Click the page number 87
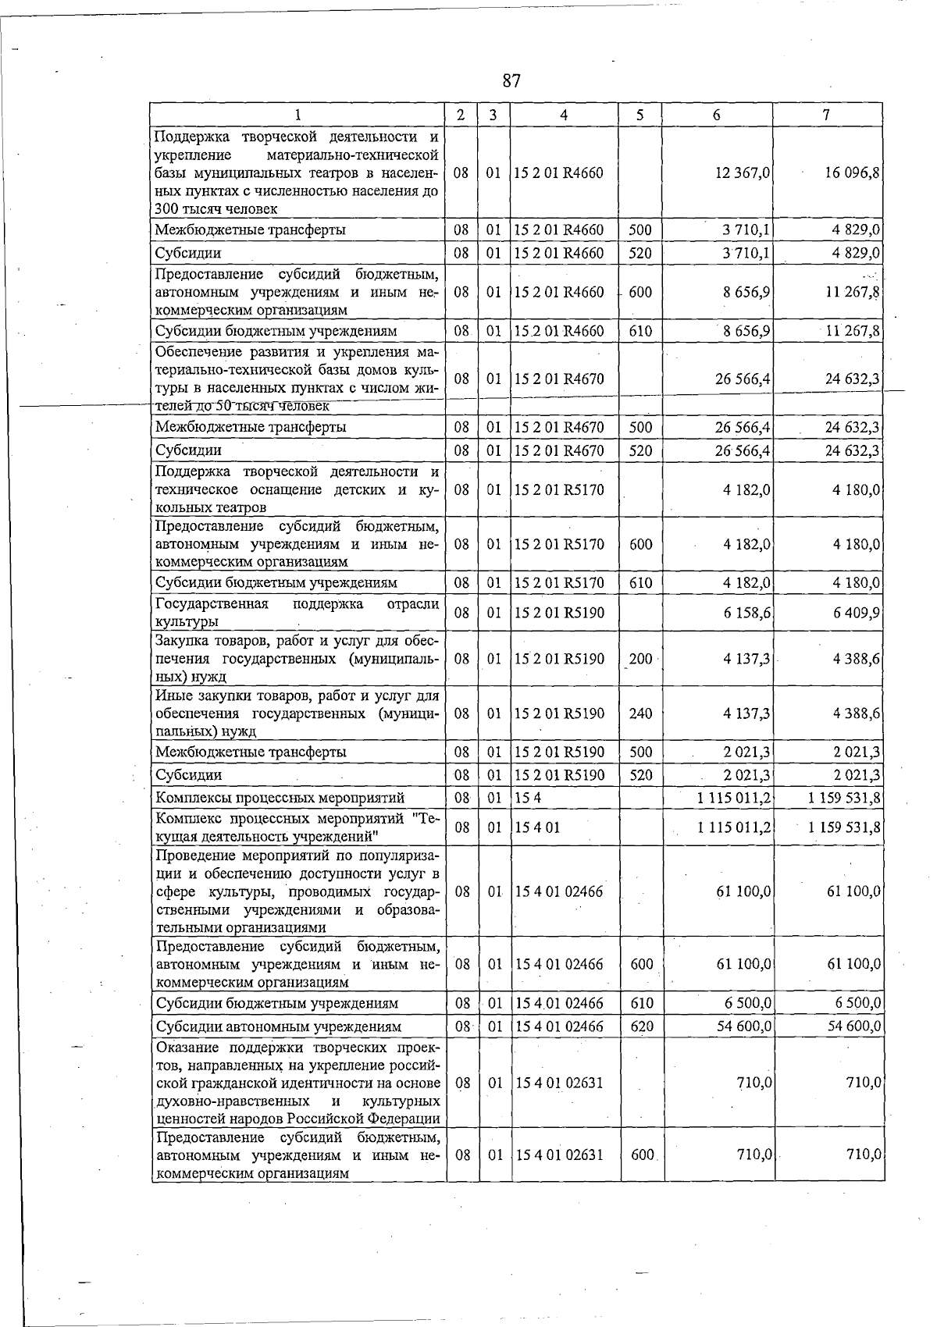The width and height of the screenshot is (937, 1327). [x=511, y=81]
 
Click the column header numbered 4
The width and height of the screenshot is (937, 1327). [x=564, y=115]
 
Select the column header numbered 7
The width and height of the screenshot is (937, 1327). [x=826, y=115]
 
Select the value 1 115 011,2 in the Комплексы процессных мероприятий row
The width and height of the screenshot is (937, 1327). [x=735, y=798]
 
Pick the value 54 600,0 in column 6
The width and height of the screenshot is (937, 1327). [x=744, y=1026]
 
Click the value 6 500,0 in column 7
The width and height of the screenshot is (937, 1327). [x=857, y=1003]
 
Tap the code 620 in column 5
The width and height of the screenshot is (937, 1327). [x=641, y=1026]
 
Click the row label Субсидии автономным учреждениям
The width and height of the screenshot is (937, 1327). [x=279, y=1026]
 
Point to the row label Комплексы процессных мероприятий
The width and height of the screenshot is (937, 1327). [x=280, y=798]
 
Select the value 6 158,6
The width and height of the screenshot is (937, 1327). [x=747, y=613]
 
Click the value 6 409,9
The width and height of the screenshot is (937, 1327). [x=857, y=613]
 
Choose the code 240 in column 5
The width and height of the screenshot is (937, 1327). [x=640, y=713]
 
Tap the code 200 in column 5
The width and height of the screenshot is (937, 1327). [x=640, y=659]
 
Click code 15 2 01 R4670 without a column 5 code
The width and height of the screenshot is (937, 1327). [x=559, y=379]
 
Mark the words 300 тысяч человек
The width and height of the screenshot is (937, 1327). [x=216, y=208]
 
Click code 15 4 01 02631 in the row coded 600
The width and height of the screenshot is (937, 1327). [x=559, y=1154]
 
